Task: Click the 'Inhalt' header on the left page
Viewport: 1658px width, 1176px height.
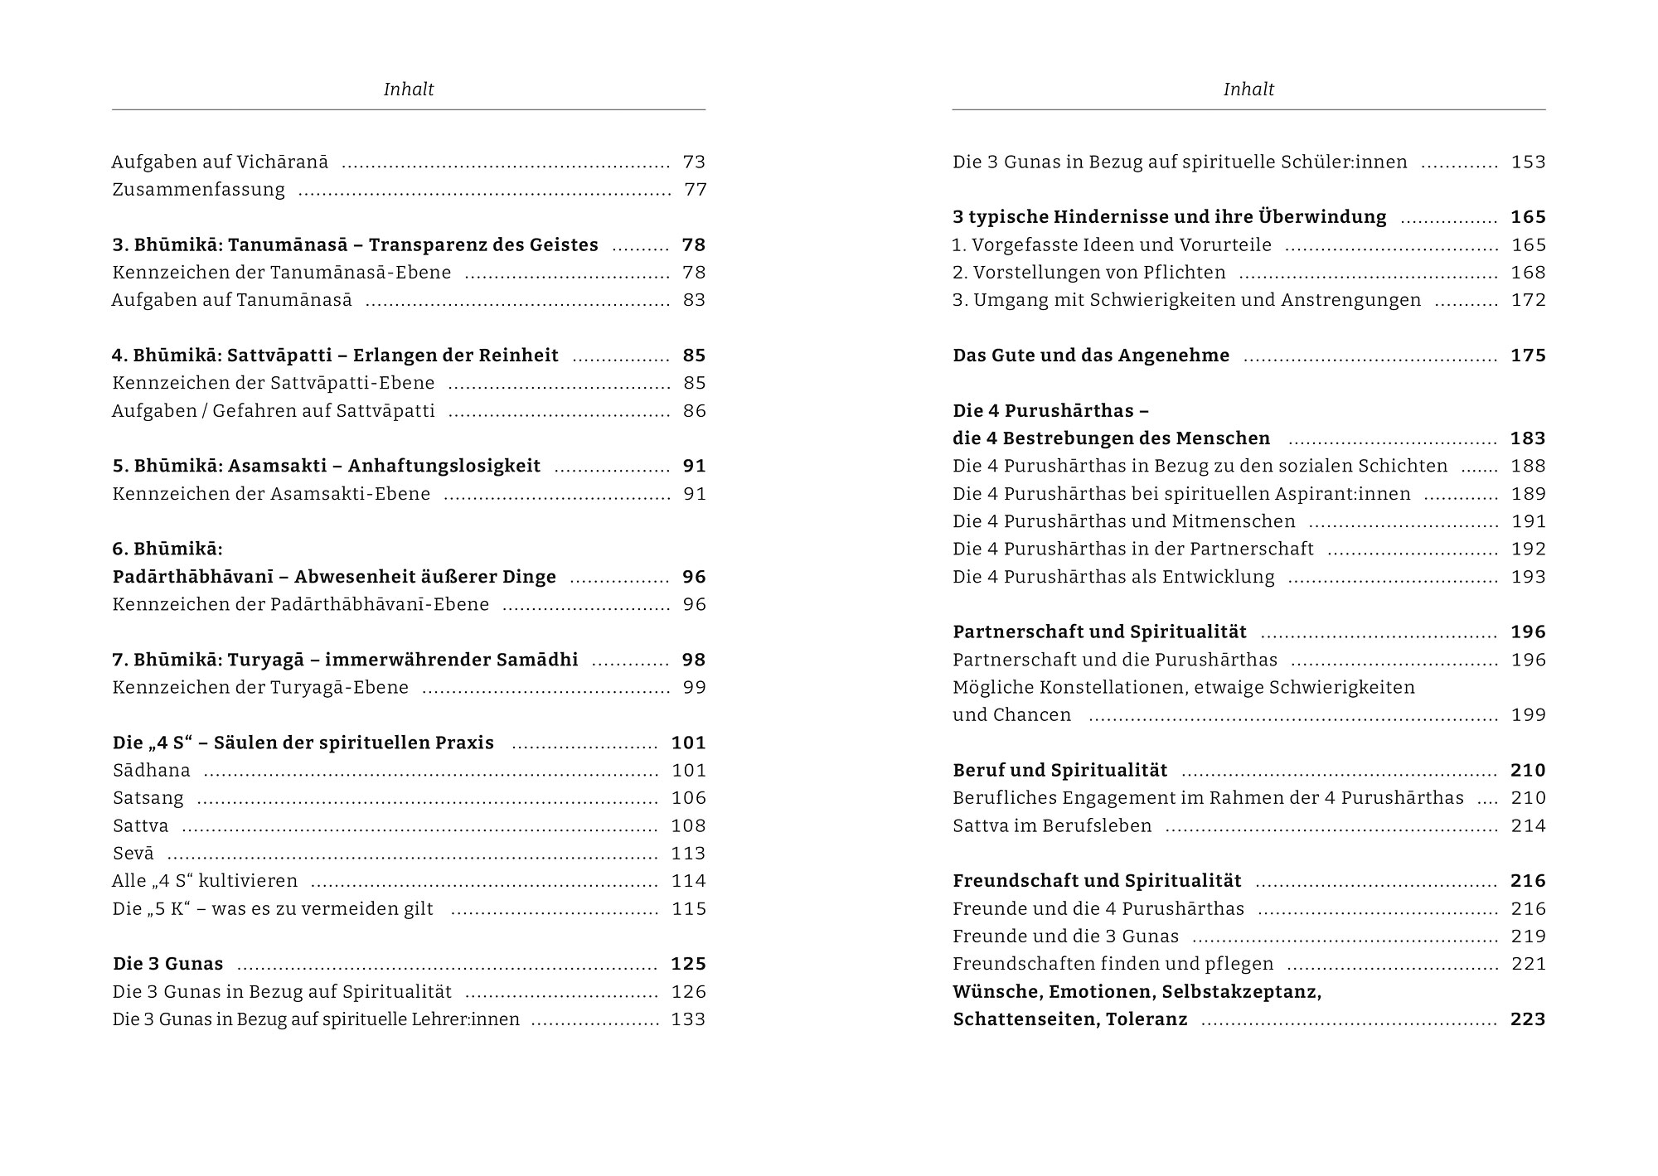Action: coord(408,90)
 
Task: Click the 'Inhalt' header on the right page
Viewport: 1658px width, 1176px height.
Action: coord(1248,90)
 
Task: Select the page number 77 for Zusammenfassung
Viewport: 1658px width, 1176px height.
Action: coord(695,190)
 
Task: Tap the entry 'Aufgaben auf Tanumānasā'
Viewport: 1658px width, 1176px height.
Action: coord(232,300)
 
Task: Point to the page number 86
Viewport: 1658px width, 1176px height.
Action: coord(694,411)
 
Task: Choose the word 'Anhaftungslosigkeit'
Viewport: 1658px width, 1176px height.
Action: coord(444,466)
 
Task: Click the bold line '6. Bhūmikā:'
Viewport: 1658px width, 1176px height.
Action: coord(167,549)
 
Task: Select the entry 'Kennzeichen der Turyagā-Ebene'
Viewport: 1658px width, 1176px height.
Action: coord(260,687)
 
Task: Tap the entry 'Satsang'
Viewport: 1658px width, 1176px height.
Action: coord(148,798)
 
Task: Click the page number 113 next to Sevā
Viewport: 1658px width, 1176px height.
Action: coord(688,854)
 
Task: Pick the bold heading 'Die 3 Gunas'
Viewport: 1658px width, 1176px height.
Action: coord(168,964)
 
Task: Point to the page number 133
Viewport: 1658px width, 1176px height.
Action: coord(688,1019)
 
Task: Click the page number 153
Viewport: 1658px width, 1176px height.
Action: coord(1528,162)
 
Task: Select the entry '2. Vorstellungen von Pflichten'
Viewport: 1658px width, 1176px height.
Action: coord(1088,273)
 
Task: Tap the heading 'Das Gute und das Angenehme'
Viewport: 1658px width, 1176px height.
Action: coord(1091,356)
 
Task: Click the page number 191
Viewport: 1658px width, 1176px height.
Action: coord(1528,521)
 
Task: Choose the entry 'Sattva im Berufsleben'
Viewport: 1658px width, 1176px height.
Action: coord(1052,825)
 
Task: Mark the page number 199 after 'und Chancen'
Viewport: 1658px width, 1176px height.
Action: coord(1528,715)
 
